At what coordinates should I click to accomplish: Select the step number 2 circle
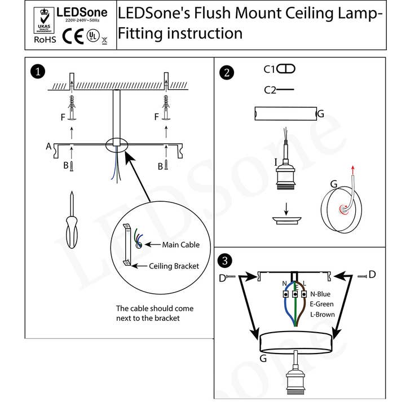pyautogui.click(x=227, y=72)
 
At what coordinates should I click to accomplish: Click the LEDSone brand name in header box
pyautogui.click(x=82, y=12)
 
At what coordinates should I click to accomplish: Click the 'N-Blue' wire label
pyautogui.click(x=320, y=294)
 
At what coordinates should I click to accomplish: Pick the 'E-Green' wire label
pyautogui.click(x=322, y=304)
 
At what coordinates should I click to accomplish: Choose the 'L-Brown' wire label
pyautogui.click(x=323, y=314)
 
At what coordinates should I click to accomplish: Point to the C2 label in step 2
pyautogui.click(x=270, y=90)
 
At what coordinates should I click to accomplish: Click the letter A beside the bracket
pyautogui.click(x=49, y=147)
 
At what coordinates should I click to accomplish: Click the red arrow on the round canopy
pyautogui.click(x=353, y=170)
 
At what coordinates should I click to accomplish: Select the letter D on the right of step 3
pyautogui.click(x=372, y=275)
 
